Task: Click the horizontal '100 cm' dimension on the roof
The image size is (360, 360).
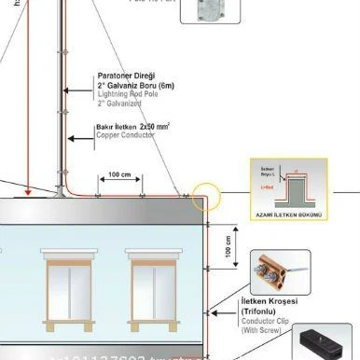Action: click(x=119, y=175)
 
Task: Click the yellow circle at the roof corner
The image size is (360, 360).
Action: click(x=204, y=199)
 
